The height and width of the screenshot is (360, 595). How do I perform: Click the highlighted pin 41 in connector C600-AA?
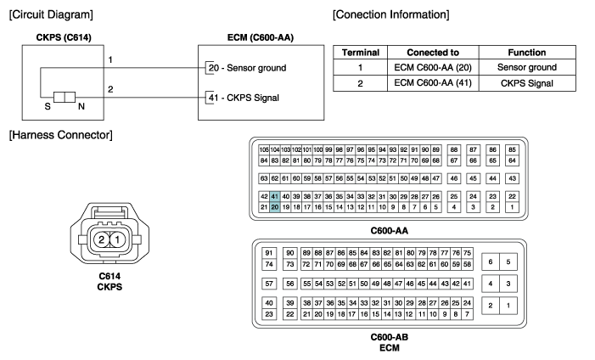[275, 196]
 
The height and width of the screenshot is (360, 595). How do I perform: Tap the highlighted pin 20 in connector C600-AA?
[275, 207]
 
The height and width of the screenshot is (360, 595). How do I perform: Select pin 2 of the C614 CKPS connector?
[101, 239]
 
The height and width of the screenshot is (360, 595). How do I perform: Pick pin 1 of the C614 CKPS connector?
[118, 239]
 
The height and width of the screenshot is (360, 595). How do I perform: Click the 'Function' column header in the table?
[527, 53]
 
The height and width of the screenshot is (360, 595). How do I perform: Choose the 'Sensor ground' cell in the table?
[527, 67]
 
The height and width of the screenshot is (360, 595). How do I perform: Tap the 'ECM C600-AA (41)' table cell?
[433, 83]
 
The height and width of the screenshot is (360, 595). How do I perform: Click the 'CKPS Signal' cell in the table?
[527, 83]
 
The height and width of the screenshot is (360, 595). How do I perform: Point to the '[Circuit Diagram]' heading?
[51, 14]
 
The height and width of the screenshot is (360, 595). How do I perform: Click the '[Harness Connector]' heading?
[61, 135]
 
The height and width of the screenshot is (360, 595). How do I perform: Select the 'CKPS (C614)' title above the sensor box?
[64, 37]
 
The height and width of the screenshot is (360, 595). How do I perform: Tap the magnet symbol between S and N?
[65, 97]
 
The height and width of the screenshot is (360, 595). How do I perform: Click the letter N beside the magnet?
[81, 107]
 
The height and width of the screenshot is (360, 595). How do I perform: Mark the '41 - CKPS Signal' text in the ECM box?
[244, 98]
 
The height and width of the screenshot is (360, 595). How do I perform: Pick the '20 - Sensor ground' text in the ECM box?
[247, 68]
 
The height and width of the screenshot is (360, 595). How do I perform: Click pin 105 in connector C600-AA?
[264, 149]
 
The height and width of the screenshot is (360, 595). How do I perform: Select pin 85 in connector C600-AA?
[513, 149]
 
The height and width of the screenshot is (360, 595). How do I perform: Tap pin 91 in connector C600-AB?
[269, 253]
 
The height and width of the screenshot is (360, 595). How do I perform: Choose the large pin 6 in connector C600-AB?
[491, 262]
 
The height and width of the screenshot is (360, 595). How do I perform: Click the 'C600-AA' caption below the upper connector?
[390, 230]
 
